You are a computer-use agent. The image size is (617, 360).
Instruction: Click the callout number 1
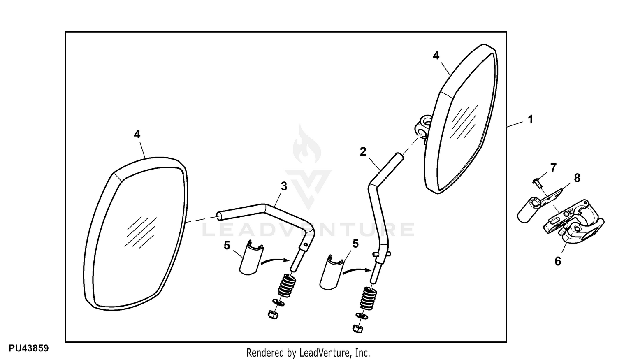point(530,120)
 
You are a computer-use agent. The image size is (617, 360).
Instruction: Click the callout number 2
point(363,151)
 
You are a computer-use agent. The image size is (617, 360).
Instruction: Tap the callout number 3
point(284,186)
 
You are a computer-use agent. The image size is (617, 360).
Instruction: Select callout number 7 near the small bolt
point(553,167)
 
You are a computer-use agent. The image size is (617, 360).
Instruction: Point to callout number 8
point(577,178)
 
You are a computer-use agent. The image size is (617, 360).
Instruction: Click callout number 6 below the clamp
point(558,261)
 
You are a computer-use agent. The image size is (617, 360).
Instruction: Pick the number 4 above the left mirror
point(137,134)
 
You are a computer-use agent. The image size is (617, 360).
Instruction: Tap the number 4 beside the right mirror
point(436,56)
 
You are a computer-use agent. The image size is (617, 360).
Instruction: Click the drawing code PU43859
point(29,348)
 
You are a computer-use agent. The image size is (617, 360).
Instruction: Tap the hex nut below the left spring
point(273,315)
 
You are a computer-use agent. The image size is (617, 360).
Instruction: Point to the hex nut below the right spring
point(357,329)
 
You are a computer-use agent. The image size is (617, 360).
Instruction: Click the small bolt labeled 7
point(536,183)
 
